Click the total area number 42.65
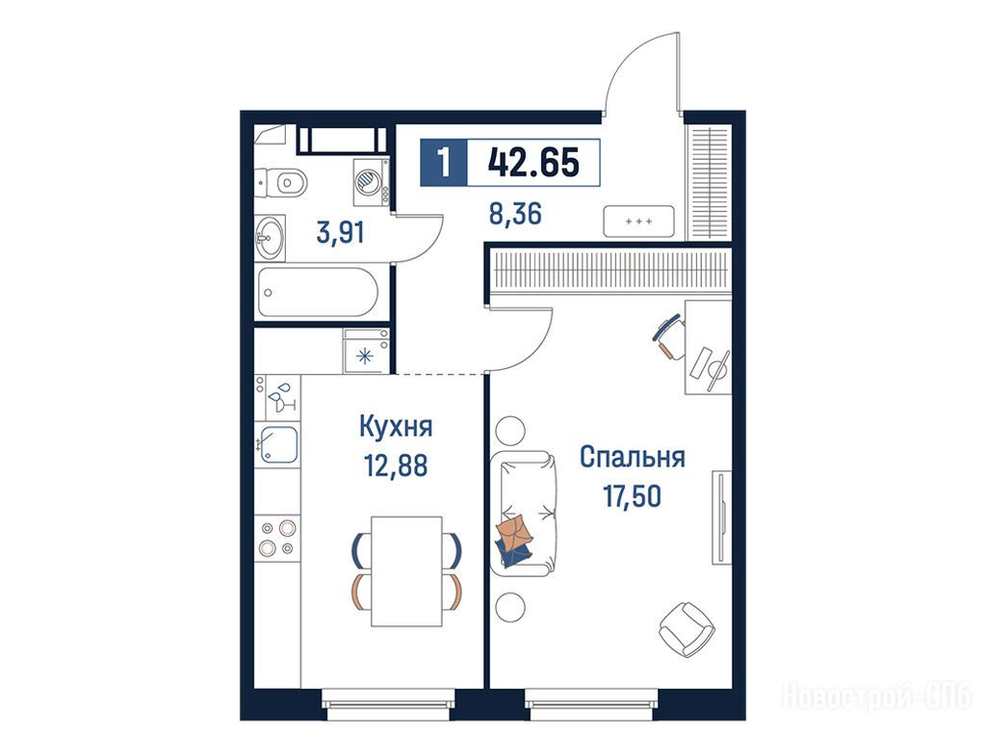tap(533, 162)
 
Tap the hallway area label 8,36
tap(515, 214)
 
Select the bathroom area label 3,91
tap(340, 233)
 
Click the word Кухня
tap(396, 427)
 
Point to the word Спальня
tap(632, 458)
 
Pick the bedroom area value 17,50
tap(632, 496)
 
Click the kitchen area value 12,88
tap(396, 465)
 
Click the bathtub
tap(319, 293)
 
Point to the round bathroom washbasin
tap(271, 238)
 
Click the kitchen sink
tap(277, 445)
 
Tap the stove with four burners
tap(277, 538)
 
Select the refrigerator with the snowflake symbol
tap(366, 351)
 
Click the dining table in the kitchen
tap(406, 571)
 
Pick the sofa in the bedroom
tap(523, 513)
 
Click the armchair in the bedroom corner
tap(687, 629)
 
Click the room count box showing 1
tap(444, 162)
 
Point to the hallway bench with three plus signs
tap(639, 222)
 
